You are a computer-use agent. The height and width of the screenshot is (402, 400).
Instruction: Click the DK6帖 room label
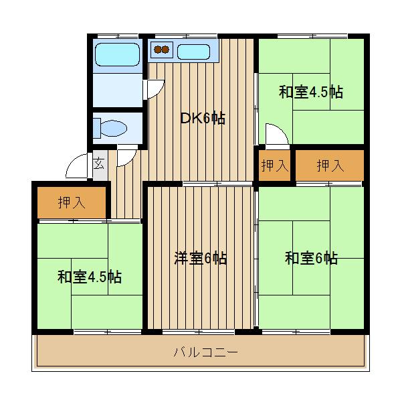[202, 119]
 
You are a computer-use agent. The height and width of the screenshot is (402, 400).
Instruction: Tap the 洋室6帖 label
[200, 258]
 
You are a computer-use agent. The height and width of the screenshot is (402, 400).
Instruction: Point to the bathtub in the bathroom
[116, 54]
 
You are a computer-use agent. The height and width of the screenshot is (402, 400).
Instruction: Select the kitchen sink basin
[195, 50]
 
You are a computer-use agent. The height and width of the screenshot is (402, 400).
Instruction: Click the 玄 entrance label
[98, 162]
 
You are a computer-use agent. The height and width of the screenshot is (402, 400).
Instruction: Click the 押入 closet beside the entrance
[72, 202]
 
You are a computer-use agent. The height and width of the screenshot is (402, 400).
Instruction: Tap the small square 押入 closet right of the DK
[274, 165]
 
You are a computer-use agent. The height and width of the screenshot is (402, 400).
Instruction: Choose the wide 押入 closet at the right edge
[330, 165]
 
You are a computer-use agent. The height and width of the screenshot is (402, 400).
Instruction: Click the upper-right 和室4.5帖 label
[310, 92]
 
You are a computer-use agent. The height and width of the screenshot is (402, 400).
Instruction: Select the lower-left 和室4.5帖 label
[88, 276]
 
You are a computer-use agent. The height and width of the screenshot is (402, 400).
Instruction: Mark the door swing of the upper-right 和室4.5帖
[276, 133]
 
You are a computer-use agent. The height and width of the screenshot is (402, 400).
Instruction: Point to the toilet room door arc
[126, 155]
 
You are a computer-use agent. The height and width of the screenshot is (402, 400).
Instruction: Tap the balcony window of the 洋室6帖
[199, 331]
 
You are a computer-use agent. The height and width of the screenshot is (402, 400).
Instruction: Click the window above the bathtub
[116, 35]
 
